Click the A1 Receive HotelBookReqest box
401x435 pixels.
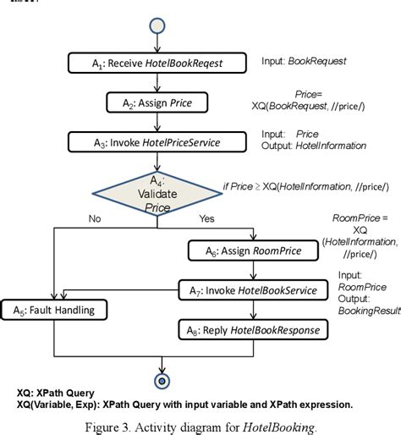click(x=158, y=63)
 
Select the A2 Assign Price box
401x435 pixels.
click(x=158, y=102)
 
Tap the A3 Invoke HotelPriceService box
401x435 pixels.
click(x=158, y=143)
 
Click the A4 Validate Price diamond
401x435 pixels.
click(x=158, y=193)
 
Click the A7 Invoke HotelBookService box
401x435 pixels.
click(x=251, y=289)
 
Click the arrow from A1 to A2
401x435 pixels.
click(x=158, y=83)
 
